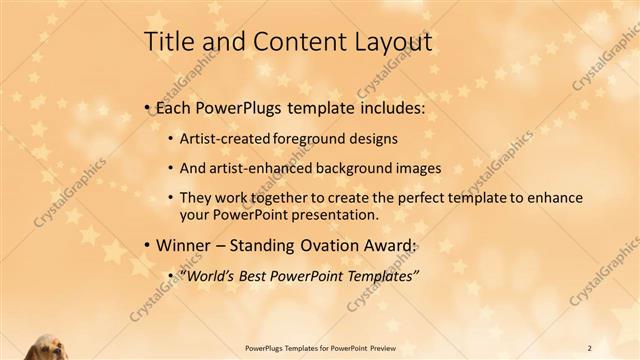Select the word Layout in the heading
point(390,42)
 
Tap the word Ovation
point(331,245)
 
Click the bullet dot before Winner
point(147,246)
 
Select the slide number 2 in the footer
point(589,347)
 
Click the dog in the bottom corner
point(46,346)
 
